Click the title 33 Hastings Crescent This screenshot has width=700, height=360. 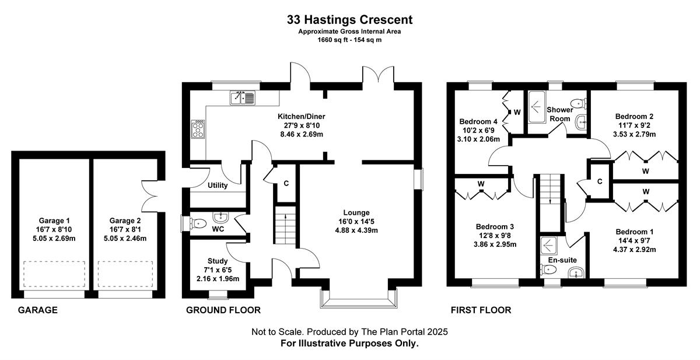[349, 20]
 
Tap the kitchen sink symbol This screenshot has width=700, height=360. [243, 98]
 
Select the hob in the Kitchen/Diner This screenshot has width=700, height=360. [198, 129]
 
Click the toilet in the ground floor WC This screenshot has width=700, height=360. [198, 223]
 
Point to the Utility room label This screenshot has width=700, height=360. [218, 186]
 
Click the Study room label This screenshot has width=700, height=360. [218, 261]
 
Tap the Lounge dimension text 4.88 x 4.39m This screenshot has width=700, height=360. [356, 230]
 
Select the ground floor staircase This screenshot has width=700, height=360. [285, 225]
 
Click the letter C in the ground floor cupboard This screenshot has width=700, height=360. [286, 183]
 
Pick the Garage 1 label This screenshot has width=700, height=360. [54, 221]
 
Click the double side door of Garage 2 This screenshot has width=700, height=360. [149, 196]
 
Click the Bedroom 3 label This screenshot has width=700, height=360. [495, 226]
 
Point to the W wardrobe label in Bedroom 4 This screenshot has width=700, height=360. [517, 112]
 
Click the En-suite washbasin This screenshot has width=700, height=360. [576, 273]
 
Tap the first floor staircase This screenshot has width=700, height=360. [550, 202]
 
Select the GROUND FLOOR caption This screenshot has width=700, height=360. [223, 310]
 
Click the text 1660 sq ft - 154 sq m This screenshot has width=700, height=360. [349, 40]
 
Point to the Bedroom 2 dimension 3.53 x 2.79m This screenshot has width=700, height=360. [635, 134]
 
